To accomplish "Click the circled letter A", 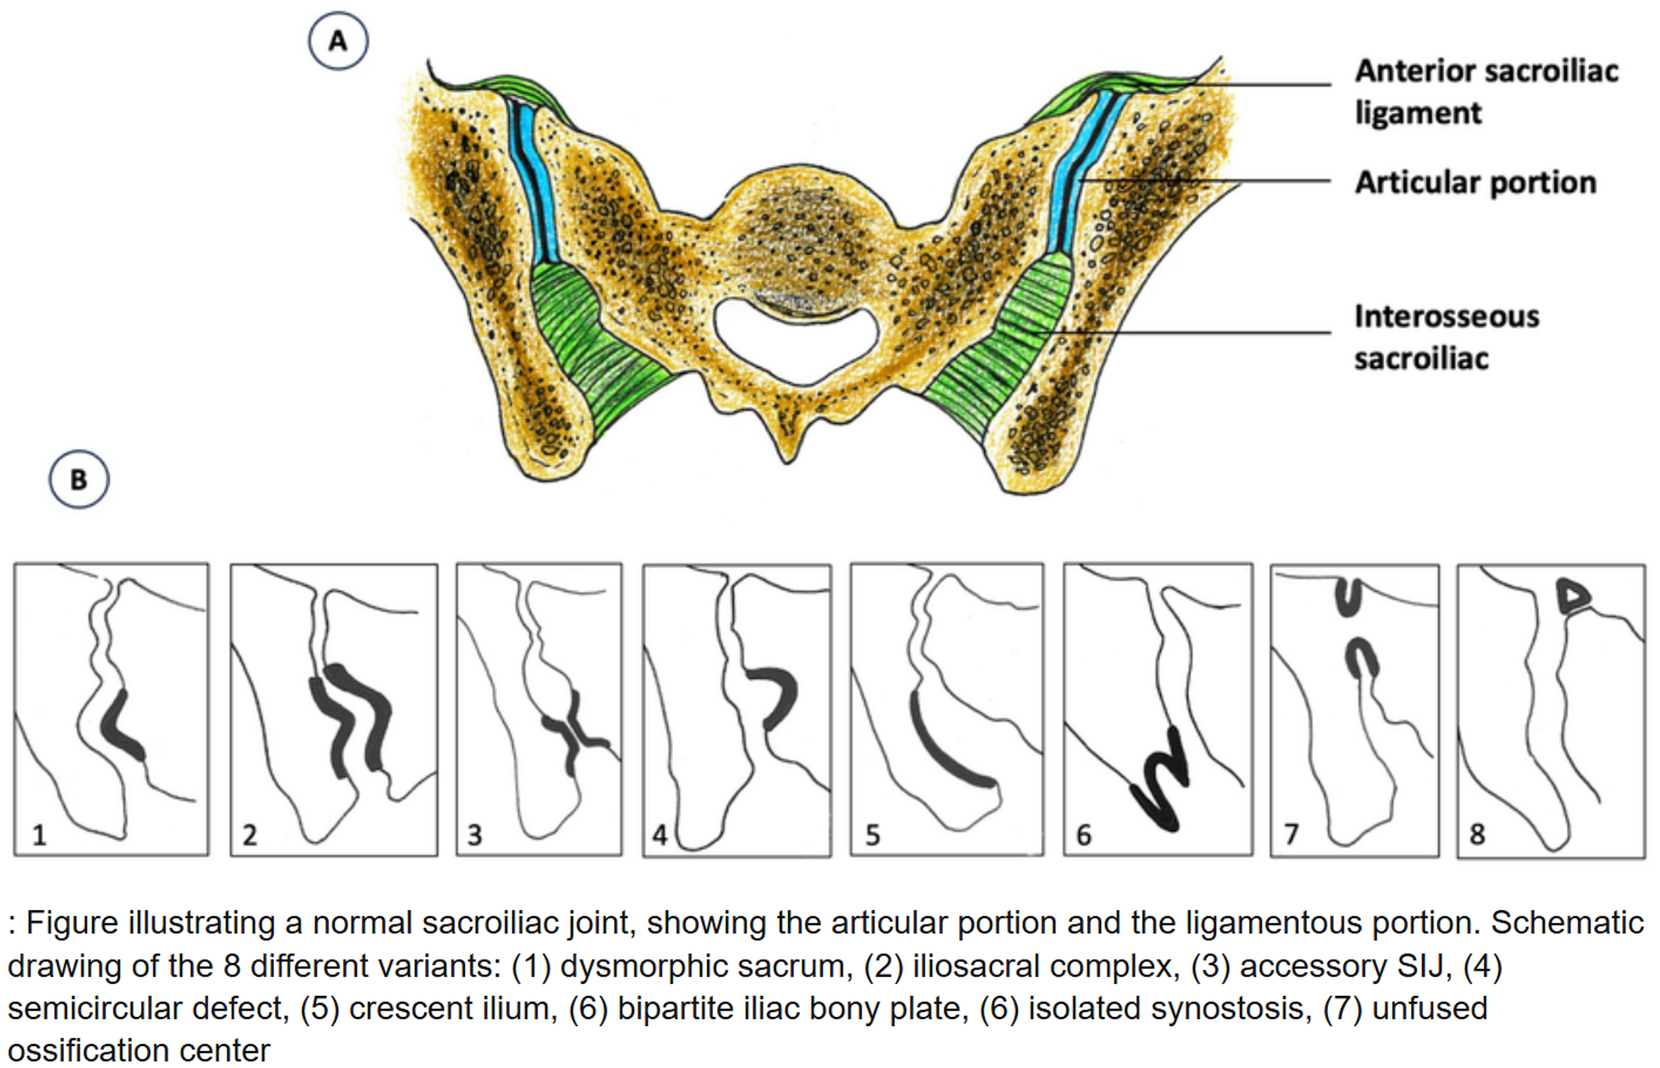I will (338, 41).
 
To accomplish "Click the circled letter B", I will (79, 479).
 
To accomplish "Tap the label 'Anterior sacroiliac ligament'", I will (1486, 92).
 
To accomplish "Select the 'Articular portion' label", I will (1475, 182).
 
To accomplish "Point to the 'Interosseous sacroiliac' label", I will (1446, 337).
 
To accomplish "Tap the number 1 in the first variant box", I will (39, 834).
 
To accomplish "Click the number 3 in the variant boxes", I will (475, 834).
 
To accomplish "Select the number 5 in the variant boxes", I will (872, 834).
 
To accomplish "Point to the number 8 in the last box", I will (1477, 834).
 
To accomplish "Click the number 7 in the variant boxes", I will (1291, 834).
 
